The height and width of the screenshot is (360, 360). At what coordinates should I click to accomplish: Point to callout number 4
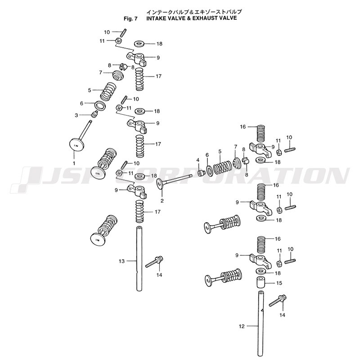[x=197, y=160]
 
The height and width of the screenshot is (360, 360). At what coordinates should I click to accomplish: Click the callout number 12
[x=242, y=326]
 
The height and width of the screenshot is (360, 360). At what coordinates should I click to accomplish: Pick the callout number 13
[x=121, y=261]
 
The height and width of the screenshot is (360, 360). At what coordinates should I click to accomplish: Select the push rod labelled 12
[x=260, y=324]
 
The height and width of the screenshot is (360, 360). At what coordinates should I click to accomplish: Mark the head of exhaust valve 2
[x=160, y=184]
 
